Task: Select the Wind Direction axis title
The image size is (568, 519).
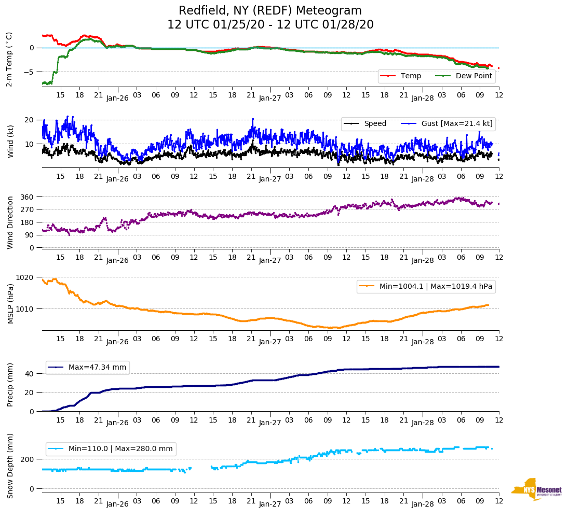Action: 10,222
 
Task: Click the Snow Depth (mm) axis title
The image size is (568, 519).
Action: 10,466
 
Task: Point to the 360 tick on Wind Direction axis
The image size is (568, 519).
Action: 27,197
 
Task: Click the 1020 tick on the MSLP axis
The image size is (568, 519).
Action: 25,277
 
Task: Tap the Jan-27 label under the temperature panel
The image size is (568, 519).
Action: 269,97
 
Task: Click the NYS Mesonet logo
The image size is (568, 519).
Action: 537,489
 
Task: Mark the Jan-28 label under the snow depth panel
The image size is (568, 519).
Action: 422,504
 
